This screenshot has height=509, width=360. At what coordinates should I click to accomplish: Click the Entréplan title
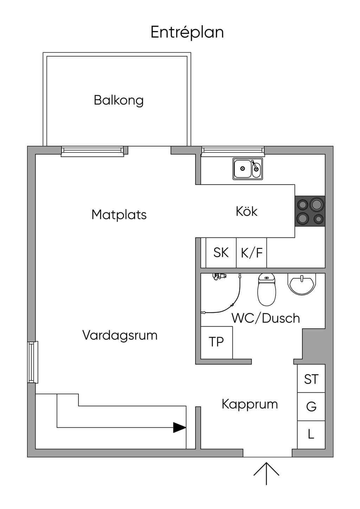pyautogui.click(x=187, y=33)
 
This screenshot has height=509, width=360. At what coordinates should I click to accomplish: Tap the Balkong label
pyautogui.click(x=118, y=101)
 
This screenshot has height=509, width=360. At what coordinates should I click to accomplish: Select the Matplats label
pyautogui.click(x=119, y=214)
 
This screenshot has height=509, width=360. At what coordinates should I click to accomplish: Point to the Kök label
pyautogui.click(x=246, y=211)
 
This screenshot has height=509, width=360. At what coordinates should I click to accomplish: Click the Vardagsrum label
pyautogui.click(x=120, y=335)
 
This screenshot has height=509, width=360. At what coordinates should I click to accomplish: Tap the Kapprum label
pyautogui.click(x=250, y=405)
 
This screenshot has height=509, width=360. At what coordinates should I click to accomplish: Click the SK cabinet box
pyautogui.click(x=221, y=253)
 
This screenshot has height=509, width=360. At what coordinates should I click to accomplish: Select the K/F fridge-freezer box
pyautogui.click(x=252, y=253)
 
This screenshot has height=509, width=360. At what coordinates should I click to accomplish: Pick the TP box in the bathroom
pyautogui.click(x=217, y=343)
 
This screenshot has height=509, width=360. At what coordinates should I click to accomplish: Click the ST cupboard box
pyautogui.click(x=311, y=379)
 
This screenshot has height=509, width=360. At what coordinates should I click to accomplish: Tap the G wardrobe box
pyautogui.click(x=311, y=407)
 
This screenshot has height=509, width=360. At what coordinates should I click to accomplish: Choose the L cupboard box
pyautogui.click(x=311, y=435)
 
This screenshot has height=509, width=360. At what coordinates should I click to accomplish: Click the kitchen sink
pyautogui.click(x=248, y=169)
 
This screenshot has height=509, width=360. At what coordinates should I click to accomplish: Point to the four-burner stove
pyautogui.click(x=310, y=211)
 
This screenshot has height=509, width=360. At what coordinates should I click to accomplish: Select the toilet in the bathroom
pyautogui.click(x=266, y=290)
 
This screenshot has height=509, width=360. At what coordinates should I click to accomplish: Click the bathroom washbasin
pyautogui.click(x=302, y=284)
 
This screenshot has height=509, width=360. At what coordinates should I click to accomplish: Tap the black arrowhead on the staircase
pyautogui.click(x=180, y=428)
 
